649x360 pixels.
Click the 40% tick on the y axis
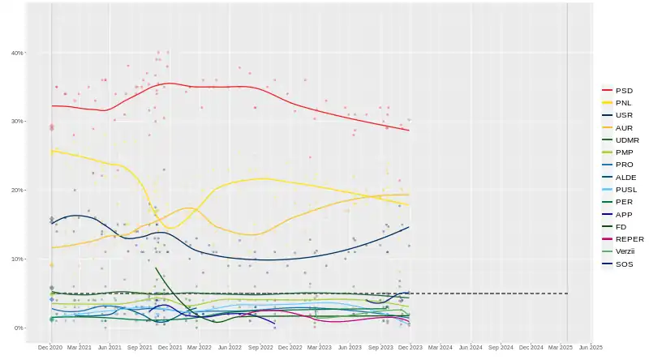coord(17,53)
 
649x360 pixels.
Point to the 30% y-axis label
coord(17,122)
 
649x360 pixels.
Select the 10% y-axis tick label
coord(17,259)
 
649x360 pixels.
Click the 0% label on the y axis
coord(19,328)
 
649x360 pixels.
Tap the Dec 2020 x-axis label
coord(49,347)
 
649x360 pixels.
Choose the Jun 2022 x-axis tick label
coord(230,347)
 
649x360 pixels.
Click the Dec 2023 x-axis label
coord(410,347)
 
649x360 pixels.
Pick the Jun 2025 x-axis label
coord(591,347)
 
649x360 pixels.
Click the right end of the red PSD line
coord(409,131)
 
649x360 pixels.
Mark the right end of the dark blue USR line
coord(409,227)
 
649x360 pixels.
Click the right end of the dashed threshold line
coord(567,294)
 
